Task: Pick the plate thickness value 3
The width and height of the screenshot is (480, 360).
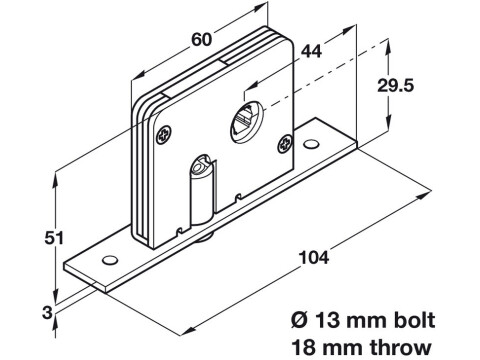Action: tap(48, 313)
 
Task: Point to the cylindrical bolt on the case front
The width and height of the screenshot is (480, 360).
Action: tap(202, 190)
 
